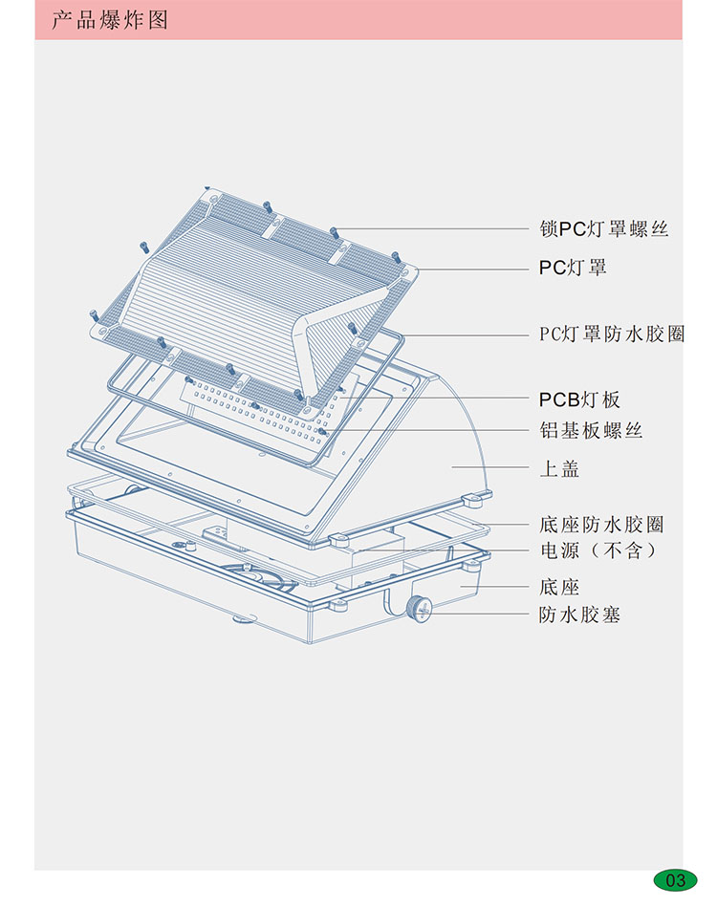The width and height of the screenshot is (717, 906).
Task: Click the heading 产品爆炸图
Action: click(x=110, y=20)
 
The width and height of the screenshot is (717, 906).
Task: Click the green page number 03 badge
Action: click(x=675, y=879)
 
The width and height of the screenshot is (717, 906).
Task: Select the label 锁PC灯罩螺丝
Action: click(x=603, y=229)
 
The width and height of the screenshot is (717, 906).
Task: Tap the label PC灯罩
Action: click(x=573, y=268)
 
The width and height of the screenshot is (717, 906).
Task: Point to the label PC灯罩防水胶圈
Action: click(x=612, y=334)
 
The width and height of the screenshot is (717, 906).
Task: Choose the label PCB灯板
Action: click(x=579, y=399)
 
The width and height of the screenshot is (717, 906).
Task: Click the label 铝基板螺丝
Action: click(x=591, y=430)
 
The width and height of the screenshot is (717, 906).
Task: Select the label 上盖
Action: click(x=559, y=469)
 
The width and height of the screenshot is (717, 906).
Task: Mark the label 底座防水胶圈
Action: click(x=601, y=525)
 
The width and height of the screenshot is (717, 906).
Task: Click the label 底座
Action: click(x=559, y=587)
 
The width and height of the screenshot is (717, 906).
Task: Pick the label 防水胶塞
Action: click(x=580, y=615)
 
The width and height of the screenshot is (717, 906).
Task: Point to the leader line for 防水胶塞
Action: click(x=478, y=615)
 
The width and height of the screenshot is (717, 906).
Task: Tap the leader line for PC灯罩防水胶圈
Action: click(x=468, y=334)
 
